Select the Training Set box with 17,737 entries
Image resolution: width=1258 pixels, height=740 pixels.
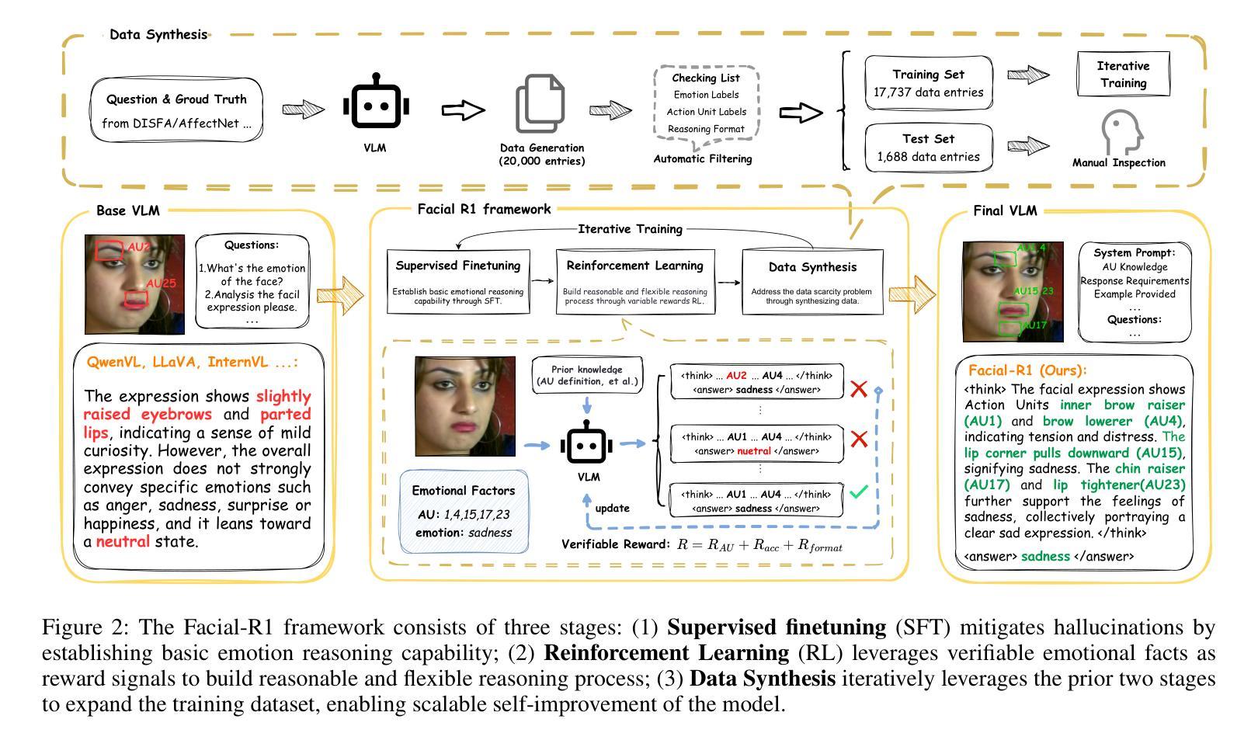pyautogui.click(x=928, y=84)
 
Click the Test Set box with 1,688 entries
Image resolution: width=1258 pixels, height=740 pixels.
pyautogui.click(x=928, y=148)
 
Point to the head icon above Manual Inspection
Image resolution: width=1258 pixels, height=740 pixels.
pyautogui.click(x=1119, y=132)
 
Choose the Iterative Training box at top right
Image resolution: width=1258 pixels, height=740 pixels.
pyautogui.click(x=1123, y=75)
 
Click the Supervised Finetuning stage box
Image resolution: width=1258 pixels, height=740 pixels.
pyautogui.click(x=458, y=281)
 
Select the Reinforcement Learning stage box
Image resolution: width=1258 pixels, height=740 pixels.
pyautogui.click(x=634, y=281)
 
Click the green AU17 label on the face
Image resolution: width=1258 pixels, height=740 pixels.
pyautogui.click(x=1034, y=326)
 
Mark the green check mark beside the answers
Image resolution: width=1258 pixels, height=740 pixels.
pyautogui.click(x=858, y=492)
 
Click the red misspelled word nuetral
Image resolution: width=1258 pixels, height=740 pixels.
pyautogui.click(x=754, y=451)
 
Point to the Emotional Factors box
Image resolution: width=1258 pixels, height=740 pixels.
pyautogui.click(x=464, y=510)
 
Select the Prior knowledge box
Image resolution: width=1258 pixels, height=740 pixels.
pyautogui.click(x=587, y=376)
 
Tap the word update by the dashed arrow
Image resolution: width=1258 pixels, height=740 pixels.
pyautogui.click(x=612, y=508)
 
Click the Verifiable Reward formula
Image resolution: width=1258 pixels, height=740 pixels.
pyautogui.click(x=759, y=545)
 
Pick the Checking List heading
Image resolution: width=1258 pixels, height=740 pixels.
pyautogui.click(x=705, y=78)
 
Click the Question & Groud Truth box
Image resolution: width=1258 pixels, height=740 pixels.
pyautogui.click(x=176, y=110)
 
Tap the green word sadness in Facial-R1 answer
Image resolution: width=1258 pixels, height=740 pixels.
pyautogui.click(x=1045, y=556)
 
